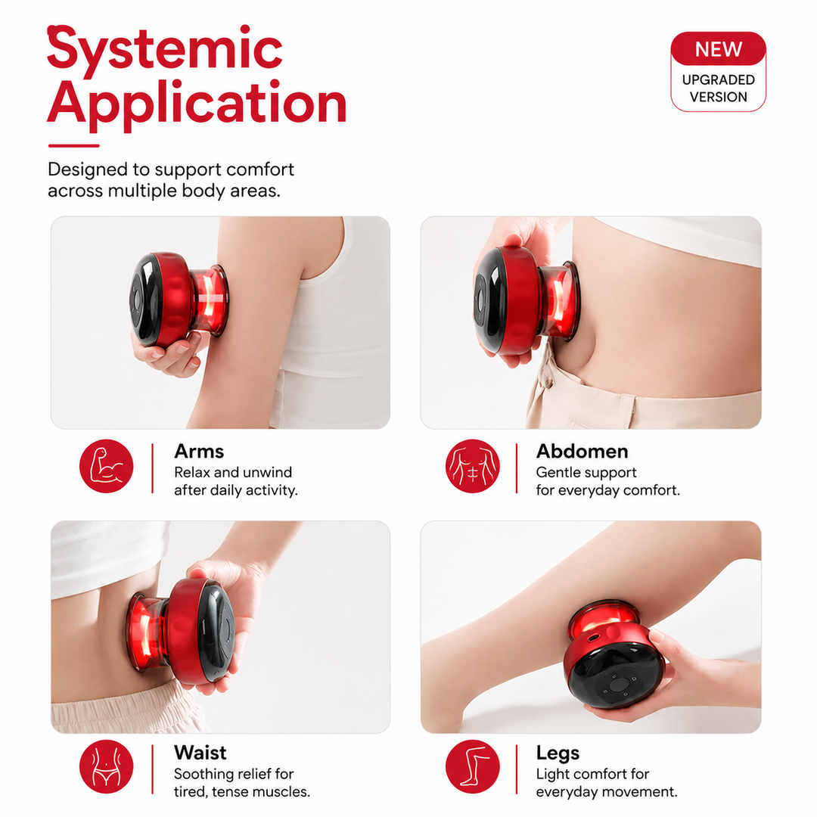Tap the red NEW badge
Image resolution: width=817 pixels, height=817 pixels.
(x=718, y=49)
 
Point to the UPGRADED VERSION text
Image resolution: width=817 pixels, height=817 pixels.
(x=718, y=88)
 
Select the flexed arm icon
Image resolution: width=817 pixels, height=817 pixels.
(x=107, y=466)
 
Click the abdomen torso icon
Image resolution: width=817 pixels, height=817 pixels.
(x=473, y=466)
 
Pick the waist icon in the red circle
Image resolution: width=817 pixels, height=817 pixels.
(x=107, y=766)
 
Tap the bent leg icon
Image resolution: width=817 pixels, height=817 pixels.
(x=473, y=766)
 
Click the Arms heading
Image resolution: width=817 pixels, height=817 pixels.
(x=199, y=451)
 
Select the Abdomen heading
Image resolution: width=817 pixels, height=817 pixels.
(x=582, y=451)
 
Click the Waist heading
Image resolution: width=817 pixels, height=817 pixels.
(x=200, y=753)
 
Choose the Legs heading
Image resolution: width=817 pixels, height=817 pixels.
(x=558, y=753)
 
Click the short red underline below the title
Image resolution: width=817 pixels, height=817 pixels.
(x=73, y=146)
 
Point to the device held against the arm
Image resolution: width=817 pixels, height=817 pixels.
(x=179, y=300)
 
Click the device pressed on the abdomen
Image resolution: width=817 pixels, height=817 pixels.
(x=525, y=300)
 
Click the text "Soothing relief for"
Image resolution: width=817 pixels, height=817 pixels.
(x=234, y=774)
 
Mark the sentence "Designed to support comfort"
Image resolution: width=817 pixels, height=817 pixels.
(x=171, y=169)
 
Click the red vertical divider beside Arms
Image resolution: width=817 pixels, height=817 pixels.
(x=152, y=468)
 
